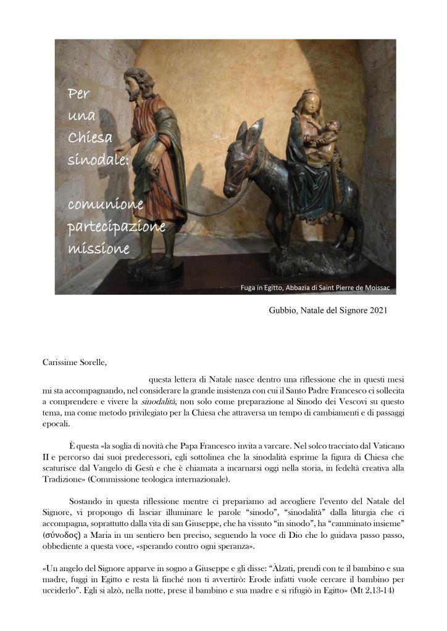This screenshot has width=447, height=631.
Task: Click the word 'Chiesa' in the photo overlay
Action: (x=90, y=138)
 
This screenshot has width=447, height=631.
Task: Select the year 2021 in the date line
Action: (x=378, y=310)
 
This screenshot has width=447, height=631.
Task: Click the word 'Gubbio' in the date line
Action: (x=282, y=310)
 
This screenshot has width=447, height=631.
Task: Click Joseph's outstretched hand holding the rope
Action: (x=121, y=151)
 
